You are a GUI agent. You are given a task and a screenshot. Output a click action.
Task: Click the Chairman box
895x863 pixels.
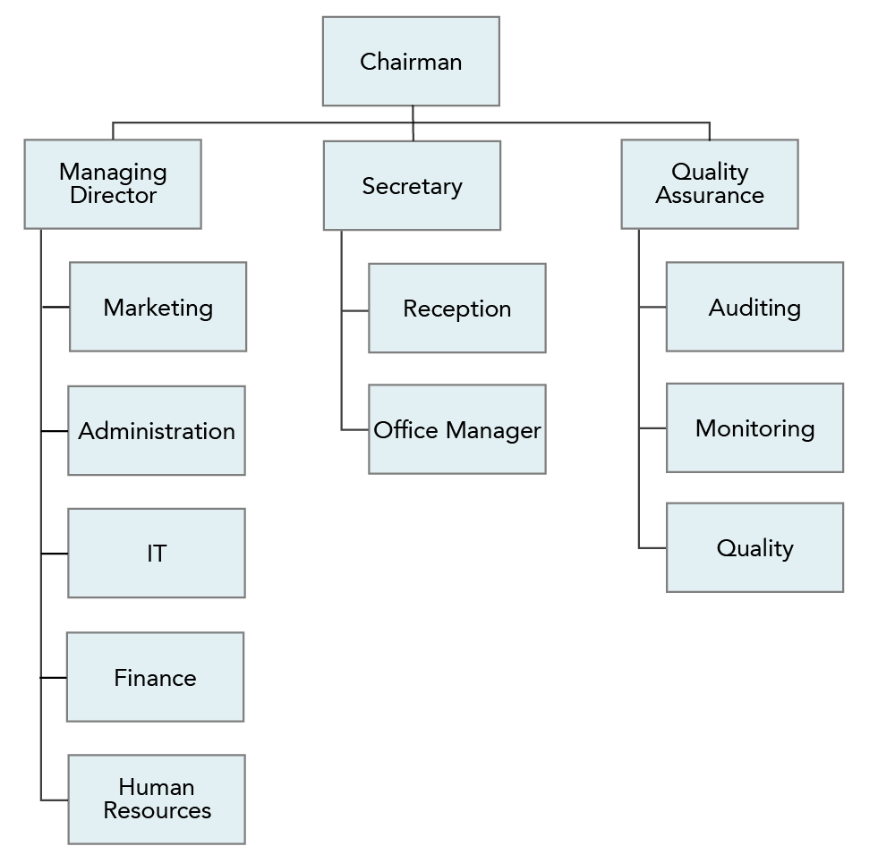(x=411, y=61)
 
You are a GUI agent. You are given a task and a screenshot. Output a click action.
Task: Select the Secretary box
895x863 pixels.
(x=412, y=185)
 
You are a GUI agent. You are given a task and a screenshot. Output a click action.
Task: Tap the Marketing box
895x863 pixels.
(x=158, y=307)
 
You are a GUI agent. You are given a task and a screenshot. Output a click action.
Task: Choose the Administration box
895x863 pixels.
(x=157, y=431)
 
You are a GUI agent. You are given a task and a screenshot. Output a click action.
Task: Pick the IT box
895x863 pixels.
(x=157, y=554)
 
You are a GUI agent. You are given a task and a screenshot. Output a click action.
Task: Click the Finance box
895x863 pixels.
(x=155, y=677)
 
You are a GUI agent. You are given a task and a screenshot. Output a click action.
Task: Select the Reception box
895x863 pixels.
(x=457, y=308)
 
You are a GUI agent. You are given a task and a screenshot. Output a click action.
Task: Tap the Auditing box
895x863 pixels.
(x=754, y=307)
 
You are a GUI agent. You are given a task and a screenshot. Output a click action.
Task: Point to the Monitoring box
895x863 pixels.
(x=754, y=427)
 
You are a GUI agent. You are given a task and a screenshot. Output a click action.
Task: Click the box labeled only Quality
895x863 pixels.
(x=754, y=547)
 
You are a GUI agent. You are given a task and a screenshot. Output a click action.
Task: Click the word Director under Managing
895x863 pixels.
(x=113, y=195)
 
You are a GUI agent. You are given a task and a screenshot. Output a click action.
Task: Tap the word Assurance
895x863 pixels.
(x=710, y=195)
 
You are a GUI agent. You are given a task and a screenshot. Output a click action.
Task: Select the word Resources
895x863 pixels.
(x=157, y=810)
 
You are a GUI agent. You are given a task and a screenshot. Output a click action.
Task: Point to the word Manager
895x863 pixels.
(x=493, y=431)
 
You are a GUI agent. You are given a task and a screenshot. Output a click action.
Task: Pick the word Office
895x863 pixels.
(x=405, y=429)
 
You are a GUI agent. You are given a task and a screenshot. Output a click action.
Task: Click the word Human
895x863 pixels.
(x=157, y=787)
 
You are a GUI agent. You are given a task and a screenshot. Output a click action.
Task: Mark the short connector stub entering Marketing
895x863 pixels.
(x=55, y=307)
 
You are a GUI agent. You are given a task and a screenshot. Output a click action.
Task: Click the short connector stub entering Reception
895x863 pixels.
(x=355, y=311)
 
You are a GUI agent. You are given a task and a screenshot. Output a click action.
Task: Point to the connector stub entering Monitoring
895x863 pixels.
(x=652, y=427)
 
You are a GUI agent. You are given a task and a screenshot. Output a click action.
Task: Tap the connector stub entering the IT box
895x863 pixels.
(x=55, y=554)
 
